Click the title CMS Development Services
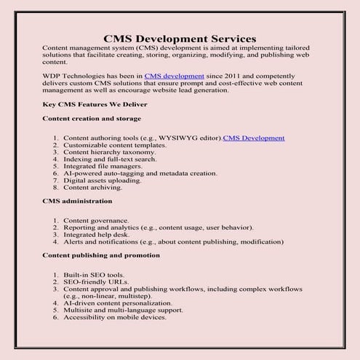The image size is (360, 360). pyautogui.click(x=179, y=38)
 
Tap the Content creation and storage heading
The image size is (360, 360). pyautogui.click(x=92, y=118)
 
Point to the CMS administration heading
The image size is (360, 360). pyautogui.click(x=78, y=200)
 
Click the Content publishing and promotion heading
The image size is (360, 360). pyautogui.click(x=101, y=255)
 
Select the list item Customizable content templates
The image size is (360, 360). pyautogui.click(x=115, y=145)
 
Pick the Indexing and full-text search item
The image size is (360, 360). pyautogui.click(x=110, y=159)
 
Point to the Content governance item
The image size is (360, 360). pyautogui.click(x=96, y=220)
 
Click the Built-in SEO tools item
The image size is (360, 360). pyautogui.click(x=94, y=276)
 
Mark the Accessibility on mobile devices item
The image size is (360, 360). pyautogui.click(x=115, y=316)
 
